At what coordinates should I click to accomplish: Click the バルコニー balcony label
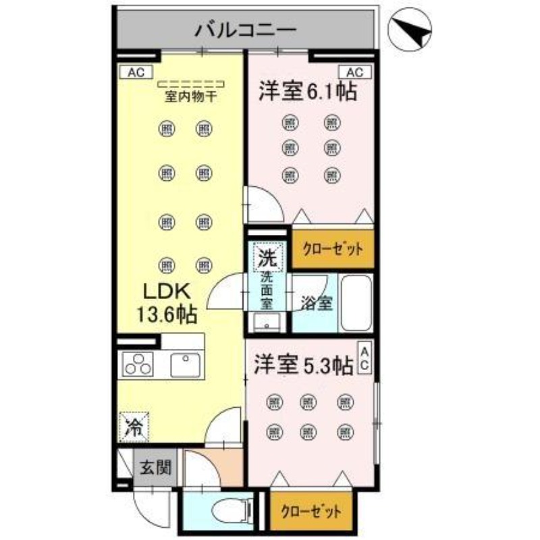tap(246, 30)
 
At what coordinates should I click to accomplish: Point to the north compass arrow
tap(412, 31)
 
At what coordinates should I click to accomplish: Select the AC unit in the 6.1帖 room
tap(356, 72)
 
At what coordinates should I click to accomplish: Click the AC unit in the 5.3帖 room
tap(363, 360)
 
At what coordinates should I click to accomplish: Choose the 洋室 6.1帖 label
tap(307, 92)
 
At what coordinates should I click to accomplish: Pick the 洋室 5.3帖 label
tap(303, 365)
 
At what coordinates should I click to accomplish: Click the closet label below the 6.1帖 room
tap(333, 249)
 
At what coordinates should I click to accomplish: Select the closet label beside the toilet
tap(311, 511)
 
